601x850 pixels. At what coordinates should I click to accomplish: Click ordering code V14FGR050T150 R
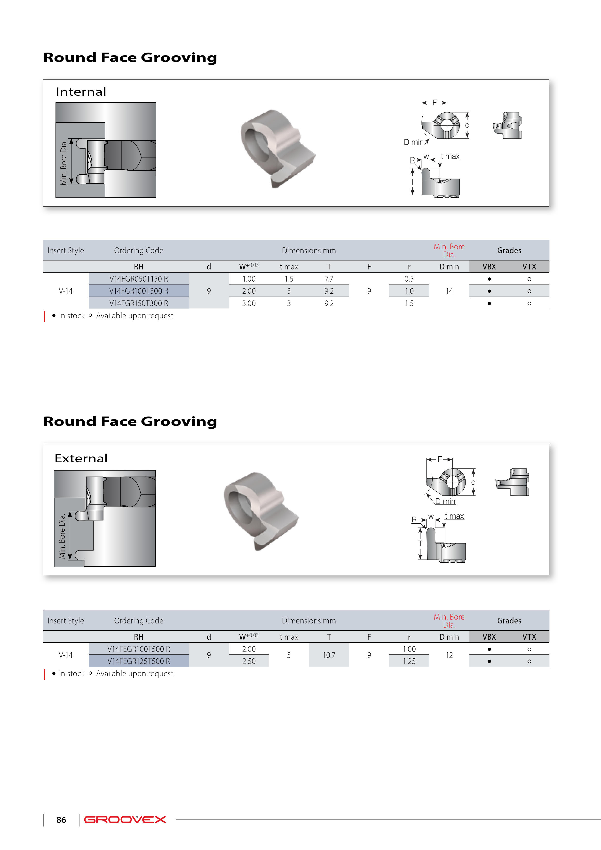(x=138, y=279)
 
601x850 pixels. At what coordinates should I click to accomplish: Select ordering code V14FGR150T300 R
(x=138, y=303)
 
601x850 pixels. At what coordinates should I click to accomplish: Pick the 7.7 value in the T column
(x=329, y=279)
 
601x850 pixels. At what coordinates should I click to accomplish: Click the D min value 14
(x=449, y=291)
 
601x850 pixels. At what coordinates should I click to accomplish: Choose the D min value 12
(x=449, y=655)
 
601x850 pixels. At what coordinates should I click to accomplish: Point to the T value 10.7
(x=329, y=655)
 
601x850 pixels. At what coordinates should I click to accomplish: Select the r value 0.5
(x=409, y=279)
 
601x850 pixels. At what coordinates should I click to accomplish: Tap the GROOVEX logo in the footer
(x=125, y=820)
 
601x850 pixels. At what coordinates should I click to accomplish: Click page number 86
(x=61, y=820)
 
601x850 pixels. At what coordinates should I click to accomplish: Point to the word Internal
(x=81, y=91)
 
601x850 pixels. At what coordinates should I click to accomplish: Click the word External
(x=81, y=458)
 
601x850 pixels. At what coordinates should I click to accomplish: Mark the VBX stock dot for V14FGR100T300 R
(x=489, y=291)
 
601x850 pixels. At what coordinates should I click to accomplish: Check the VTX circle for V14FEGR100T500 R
(x=529, y=649)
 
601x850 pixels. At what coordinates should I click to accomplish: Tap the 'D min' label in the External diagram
(x=445, y=501)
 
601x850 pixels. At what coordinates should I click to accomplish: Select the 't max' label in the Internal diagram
(x=450, y=156)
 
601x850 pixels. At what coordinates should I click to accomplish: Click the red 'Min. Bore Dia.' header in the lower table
(x=449, y=621)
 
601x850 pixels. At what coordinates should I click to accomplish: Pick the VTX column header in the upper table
(x=529, y=267)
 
